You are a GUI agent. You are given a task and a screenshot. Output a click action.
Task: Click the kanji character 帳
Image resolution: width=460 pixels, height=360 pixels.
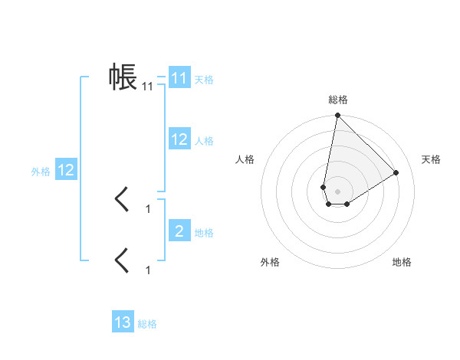(x=123, y=77)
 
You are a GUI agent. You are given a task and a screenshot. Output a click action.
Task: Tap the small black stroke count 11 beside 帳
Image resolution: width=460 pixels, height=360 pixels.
(x=147, y=87)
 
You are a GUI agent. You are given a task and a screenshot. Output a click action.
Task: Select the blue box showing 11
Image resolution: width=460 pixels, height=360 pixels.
(x=179, y=78)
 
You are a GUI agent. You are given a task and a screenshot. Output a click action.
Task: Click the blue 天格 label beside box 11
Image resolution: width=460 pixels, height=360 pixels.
(x=204, y=79)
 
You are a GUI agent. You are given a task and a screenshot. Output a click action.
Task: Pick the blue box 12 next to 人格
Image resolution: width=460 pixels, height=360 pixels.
(x=179, y=139)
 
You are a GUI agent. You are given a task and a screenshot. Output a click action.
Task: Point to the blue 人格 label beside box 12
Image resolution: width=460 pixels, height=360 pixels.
(x=204, y=140)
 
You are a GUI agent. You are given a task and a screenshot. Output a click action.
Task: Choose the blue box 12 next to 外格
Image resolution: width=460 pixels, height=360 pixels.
(x=66, y=170)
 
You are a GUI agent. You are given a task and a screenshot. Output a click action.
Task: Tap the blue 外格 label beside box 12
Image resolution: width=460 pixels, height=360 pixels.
(x=41, y=172)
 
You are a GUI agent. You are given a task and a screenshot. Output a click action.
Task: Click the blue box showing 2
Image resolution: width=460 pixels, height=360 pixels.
(x=179, y=231)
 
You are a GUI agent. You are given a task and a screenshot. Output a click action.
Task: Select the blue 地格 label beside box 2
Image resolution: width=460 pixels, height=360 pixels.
(x=204, y=232)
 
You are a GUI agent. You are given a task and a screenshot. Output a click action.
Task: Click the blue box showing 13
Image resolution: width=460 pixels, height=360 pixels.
(x=123, y=322)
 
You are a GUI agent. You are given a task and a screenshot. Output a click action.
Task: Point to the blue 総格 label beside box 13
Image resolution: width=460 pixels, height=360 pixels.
(x=147, y=324)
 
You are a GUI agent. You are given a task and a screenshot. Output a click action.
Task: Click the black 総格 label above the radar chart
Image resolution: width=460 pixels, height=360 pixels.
(x=337, y=100)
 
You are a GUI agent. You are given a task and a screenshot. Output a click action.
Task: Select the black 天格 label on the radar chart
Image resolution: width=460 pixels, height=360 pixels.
(x=431, y=159)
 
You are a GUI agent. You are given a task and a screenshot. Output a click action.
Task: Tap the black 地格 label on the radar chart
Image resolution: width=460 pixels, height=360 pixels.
(x=402, y=262)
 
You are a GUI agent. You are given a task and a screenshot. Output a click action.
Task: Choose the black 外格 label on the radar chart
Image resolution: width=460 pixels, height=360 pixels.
(x=270, y=262)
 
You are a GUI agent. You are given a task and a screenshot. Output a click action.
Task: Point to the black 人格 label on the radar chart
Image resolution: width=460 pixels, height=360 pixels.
(x=245, y=159)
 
